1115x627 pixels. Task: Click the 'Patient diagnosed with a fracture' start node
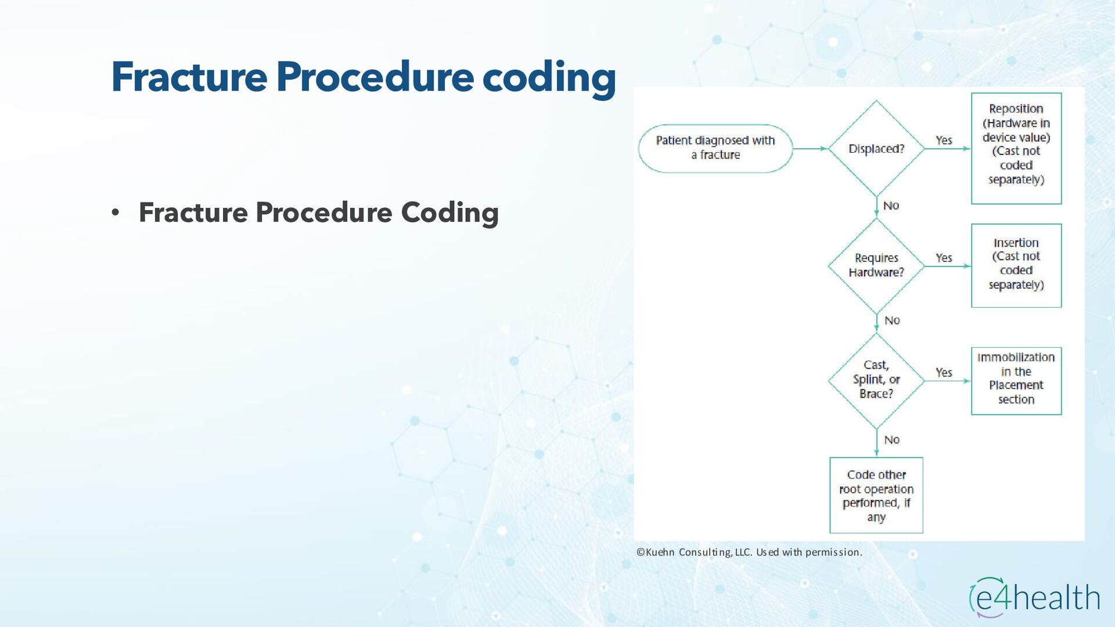[715, 148]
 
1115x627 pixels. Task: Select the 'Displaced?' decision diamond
[876, 149]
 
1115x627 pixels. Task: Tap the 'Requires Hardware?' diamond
[876, 265]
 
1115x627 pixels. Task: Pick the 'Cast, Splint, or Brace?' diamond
[876, 380]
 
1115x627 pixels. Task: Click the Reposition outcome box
[1016, 148]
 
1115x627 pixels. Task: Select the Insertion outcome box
[1016, 265]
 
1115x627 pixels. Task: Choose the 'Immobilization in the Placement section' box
[1016, 380]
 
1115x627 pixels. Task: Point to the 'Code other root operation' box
[876, 495]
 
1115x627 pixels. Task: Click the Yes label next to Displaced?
[944, 140]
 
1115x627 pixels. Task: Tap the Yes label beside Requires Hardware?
[944, 257]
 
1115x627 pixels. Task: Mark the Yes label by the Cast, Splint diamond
[944, 372]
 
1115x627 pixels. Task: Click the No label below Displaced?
[891, 206]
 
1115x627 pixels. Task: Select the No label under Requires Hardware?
[892, 320]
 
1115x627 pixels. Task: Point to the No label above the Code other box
[892, 440]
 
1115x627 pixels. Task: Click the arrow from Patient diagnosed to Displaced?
[810, 149]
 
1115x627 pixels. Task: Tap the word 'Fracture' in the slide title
[189, 77]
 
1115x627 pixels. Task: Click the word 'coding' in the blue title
[549, 78]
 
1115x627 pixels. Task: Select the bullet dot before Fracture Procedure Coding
[116, 213]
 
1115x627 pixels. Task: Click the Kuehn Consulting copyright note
[749, 552]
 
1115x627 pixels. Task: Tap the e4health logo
[1034, 597]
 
